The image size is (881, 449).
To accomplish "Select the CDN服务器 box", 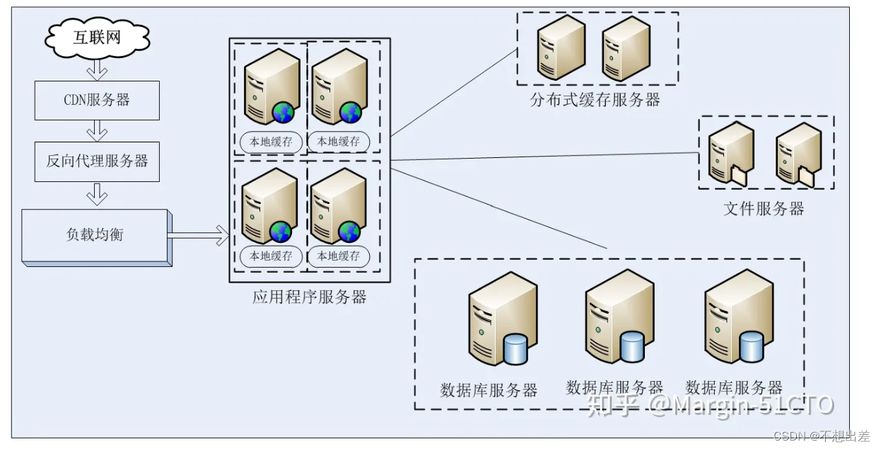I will [97, 100].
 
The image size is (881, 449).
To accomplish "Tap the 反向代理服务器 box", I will [97, 161].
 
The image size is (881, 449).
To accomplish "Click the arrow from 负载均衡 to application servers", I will [199, 235].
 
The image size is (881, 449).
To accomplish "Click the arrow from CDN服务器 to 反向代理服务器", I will [97, 130].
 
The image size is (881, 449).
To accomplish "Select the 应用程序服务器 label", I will [309, 297].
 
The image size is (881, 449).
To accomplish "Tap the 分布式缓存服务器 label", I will [595, 100].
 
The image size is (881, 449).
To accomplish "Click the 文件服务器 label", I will [764, 209].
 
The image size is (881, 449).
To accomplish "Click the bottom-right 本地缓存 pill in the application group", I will [339, 256].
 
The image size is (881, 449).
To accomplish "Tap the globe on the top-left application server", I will [284, 113].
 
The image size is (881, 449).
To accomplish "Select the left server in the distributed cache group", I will [560, 47].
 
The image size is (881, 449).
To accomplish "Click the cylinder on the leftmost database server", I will [515, 350].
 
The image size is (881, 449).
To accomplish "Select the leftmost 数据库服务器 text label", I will [489, 390].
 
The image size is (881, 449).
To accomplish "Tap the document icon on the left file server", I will [739, 175].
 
